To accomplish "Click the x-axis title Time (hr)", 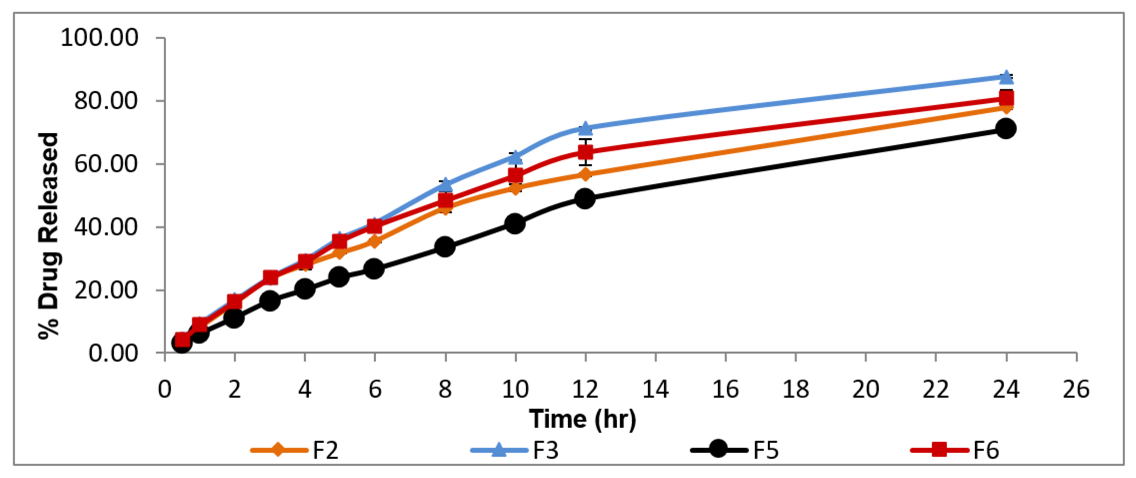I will coord(583,419).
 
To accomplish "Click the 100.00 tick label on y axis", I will coord(99,38).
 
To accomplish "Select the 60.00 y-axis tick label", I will coord(106,164).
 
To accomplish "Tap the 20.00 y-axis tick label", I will coord(106,290).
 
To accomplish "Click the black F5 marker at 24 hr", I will coord(1006,128).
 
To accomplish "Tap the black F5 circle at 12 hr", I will coord(585,199).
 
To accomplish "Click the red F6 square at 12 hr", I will coord(585,152).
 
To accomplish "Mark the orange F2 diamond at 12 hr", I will coord(585,174).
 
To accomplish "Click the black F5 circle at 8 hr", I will coord(445,246).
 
